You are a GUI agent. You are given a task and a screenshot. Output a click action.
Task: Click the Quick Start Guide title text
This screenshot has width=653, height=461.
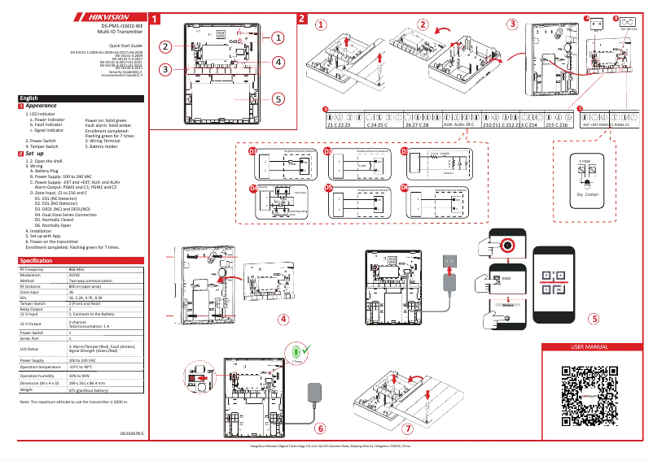[125, 46]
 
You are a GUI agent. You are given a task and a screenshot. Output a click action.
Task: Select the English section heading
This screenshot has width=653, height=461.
[29, 98]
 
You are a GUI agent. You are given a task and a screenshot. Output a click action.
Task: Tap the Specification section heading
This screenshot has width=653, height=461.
[37, 260]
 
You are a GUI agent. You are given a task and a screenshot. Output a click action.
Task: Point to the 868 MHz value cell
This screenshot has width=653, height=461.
[77, 269]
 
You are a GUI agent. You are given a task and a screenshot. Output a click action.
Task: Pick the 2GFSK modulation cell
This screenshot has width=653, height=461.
[75, 275]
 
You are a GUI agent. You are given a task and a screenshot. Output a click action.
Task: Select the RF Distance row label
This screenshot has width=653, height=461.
[31, 287]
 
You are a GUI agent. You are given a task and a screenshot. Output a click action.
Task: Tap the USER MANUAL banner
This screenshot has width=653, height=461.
[590, 347]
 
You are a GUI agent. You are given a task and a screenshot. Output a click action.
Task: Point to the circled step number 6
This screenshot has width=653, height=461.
[319, 428]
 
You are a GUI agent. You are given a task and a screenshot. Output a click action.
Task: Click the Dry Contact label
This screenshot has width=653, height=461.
[587, 195]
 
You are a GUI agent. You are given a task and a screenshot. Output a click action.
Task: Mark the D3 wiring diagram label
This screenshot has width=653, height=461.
[405, 152]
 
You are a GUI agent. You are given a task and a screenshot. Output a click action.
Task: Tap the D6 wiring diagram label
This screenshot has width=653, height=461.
[405, 187]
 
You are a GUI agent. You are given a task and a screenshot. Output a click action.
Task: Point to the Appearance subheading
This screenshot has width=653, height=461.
[41, 106]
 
